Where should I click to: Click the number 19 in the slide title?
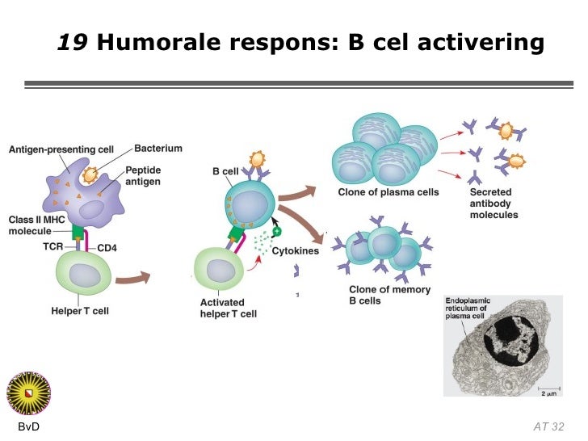click(x=73, y=42)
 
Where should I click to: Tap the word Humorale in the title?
click(x=158, y=42)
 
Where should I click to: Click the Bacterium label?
click(x=158, y=149)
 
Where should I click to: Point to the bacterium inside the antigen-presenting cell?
click(x=90, y=174)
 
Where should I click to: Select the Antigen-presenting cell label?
click(x=61, y=149)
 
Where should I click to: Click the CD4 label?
click(x=107, y=248)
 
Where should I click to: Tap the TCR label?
click(x=52, y=246)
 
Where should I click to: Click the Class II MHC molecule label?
click(x=37, y=225)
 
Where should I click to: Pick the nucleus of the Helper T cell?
click(x=85, y=275)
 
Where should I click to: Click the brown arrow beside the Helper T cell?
click(x=132, y=279)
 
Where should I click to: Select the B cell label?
click(x=225, y=171)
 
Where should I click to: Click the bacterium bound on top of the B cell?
click(x=257, y=159)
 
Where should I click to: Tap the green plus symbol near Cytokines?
click(x=277, y=231)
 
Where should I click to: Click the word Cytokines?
click(x=296, y=251)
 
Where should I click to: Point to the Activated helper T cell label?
click(x=229, y=308)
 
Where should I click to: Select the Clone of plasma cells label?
click(x=388, y=192)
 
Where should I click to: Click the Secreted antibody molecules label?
click(x=493, y=204)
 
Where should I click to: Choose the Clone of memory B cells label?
click(x=389, y=295)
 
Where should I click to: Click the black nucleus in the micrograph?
click(x=510, y=341)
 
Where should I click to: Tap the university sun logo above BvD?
click(x=28, y=393)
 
